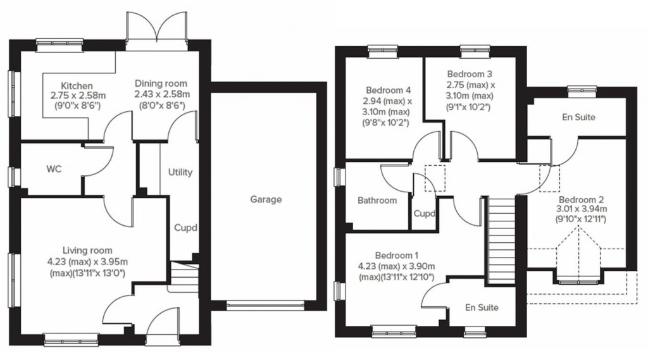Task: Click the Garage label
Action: pyautogui.click(x=266, y=200)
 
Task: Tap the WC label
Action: pyautogui.click(x=54, y=170)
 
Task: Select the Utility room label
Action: pyautogui.click(x=180, y=173)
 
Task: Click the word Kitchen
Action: pyautogui.click(x=77, y=86)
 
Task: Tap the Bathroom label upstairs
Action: pyautogui.click(x=377, y=201)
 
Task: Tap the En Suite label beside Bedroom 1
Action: pyautogui.click(x=482, y=307)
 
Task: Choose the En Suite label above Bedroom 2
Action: pyautogui.click(x=578, y=117)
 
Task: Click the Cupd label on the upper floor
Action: pyautogui.click(x=425, y=213)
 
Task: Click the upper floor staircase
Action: pyautogui.click(x=501, y=240)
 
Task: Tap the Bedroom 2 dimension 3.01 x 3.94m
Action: pyautogui.click(x=581, y=209)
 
